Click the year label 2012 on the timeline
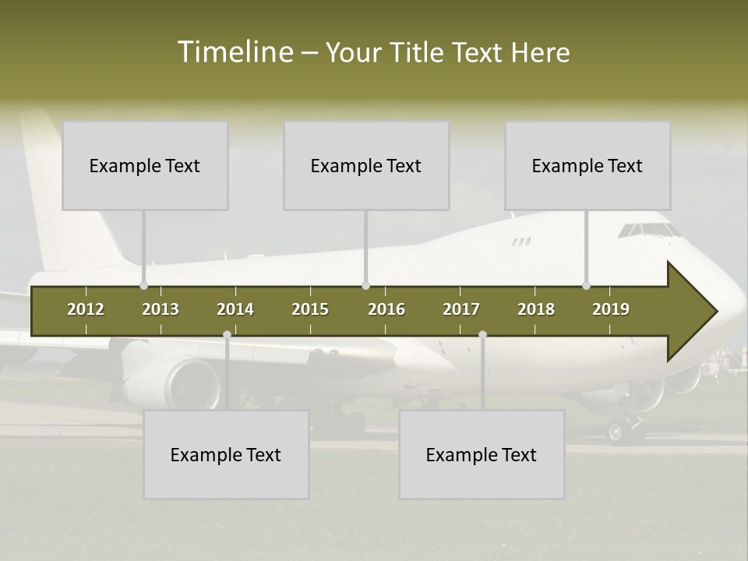tap(86, 309)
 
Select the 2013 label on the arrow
tap(161, 309)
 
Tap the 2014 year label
tap(235, 309)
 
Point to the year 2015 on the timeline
tap(310, 309)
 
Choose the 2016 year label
tap(386, 309)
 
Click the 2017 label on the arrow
tap(461, 309)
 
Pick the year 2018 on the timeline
tap(536, 309)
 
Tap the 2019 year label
tap(611, 309)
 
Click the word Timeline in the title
tap(234, 52)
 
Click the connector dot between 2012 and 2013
tap(143, 286)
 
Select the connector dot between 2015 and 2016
tap(365, 286)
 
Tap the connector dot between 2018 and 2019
tap(586, 286)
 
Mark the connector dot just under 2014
tap(227, 335)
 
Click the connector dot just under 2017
tap(482, 335)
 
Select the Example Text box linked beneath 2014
tap(226, 454)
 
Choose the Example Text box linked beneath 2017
tap(482, 454)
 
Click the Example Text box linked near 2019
tap(587, 165)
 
